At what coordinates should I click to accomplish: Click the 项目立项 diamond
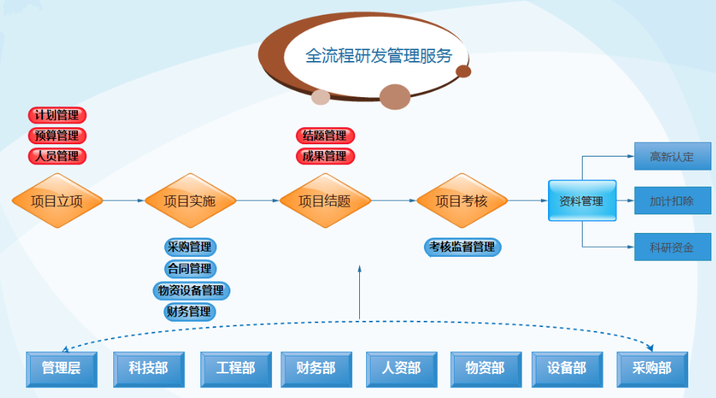pos(57,201)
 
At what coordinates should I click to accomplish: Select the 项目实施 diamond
pos(190,201)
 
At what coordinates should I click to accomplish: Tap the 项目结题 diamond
pos(324,201)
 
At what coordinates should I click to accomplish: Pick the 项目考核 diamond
pos(462,201)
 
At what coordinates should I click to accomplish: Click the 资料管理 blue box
pos(582,201)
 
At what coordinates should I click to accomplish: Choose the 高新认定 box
pos(672,157)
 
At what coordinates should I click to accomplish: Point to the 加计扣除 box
pos(672,201)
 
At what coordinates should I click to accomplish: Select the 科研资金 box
pos(672,248)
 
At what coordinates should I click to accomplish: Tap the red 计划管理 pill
pos(57,116)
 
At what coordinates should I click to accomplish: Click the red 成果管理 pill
pos(324,157)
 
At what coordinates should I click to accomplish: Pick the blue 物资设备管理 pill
pos(190,291)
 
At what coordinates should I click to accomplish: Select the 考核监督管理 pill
pos(462,248)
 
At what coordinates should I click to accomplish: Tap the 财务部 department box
pos(316,369)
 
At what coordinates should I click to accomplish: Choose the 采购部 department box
pos(652,369)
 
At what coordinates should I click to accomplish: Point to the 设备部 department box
pos(567,369)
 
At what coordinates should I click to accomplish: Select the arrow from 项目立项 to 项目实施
pos(123,201)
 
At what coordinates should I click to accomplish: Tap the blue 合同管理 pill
pos(190,269)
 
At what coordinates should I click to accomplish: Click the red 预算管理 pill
pos(57,136)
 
